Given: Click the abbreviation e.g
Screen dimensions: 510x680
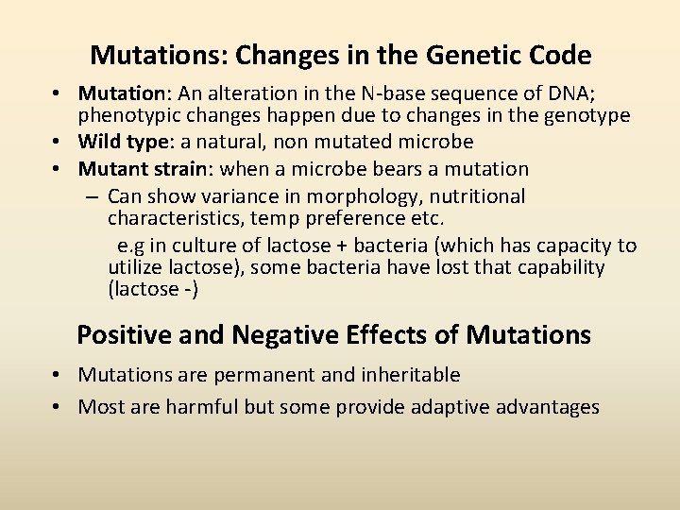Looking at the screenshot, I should pos(131,246).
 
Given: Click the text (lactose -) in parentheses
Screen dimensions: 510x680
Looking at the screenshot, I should pos(153,289).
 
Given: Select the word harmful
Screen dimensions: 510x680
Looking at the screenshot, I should pos(201,407).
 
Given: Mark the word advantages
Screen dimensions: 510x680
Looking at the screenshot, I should pos(545,407).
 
